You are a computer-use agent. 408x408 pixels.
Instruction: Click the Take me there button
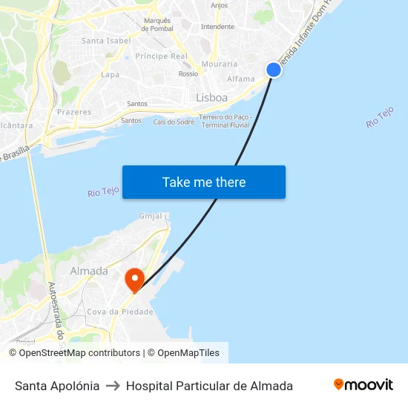(x=204, y=182)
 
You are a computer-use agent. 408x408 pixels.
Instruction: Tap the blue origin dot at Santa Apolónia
(x=274, y=70)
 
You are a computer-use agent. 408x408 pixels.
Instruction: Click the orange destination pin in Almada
(x=134, y=280)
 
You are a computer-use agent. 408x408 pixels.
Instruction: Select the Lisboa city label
(x=211, y=98)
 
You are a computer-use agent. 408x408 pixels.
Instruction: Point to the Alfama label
(x=240, y=79)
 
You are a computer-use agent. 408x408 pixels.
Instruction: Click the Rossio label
(x=188, y=74)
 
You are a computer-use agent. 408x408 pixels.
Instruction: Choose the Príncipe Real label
(x=161, y=56)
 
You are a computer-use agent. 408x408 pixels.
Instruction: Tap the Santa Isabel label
(x=106, y=41)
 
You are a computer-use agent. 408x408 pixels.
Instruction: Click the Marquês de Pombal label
(x=158, y=24)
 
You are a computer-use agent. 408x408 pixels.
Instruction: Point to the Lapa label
(x=110, y=75)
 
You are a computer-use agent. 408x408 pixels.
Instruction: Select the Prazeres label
(x=74, y=113)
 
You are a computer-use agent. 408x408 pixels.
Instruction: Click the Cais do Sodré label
(x=174, y=122)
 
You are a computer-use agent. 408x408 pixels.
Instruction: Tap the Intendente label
(x=217, y=27)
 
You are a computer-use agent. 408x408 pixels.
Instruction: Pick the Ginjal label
(x=151, y=217)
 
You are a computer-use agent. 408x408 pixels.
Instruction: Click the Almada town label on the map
(x=89, y=272)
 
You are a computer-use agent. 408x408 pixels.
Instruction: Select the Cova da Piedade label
(x=120, y=312)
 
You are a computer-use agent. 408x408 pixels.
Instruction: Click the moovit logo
(x=363, y=385)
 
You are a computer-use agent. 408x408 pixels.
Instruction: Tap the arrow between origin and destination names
(x=113, y=386)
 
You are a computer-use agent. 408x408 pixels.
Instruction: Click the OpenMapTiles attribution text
(x=188, y=353)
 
